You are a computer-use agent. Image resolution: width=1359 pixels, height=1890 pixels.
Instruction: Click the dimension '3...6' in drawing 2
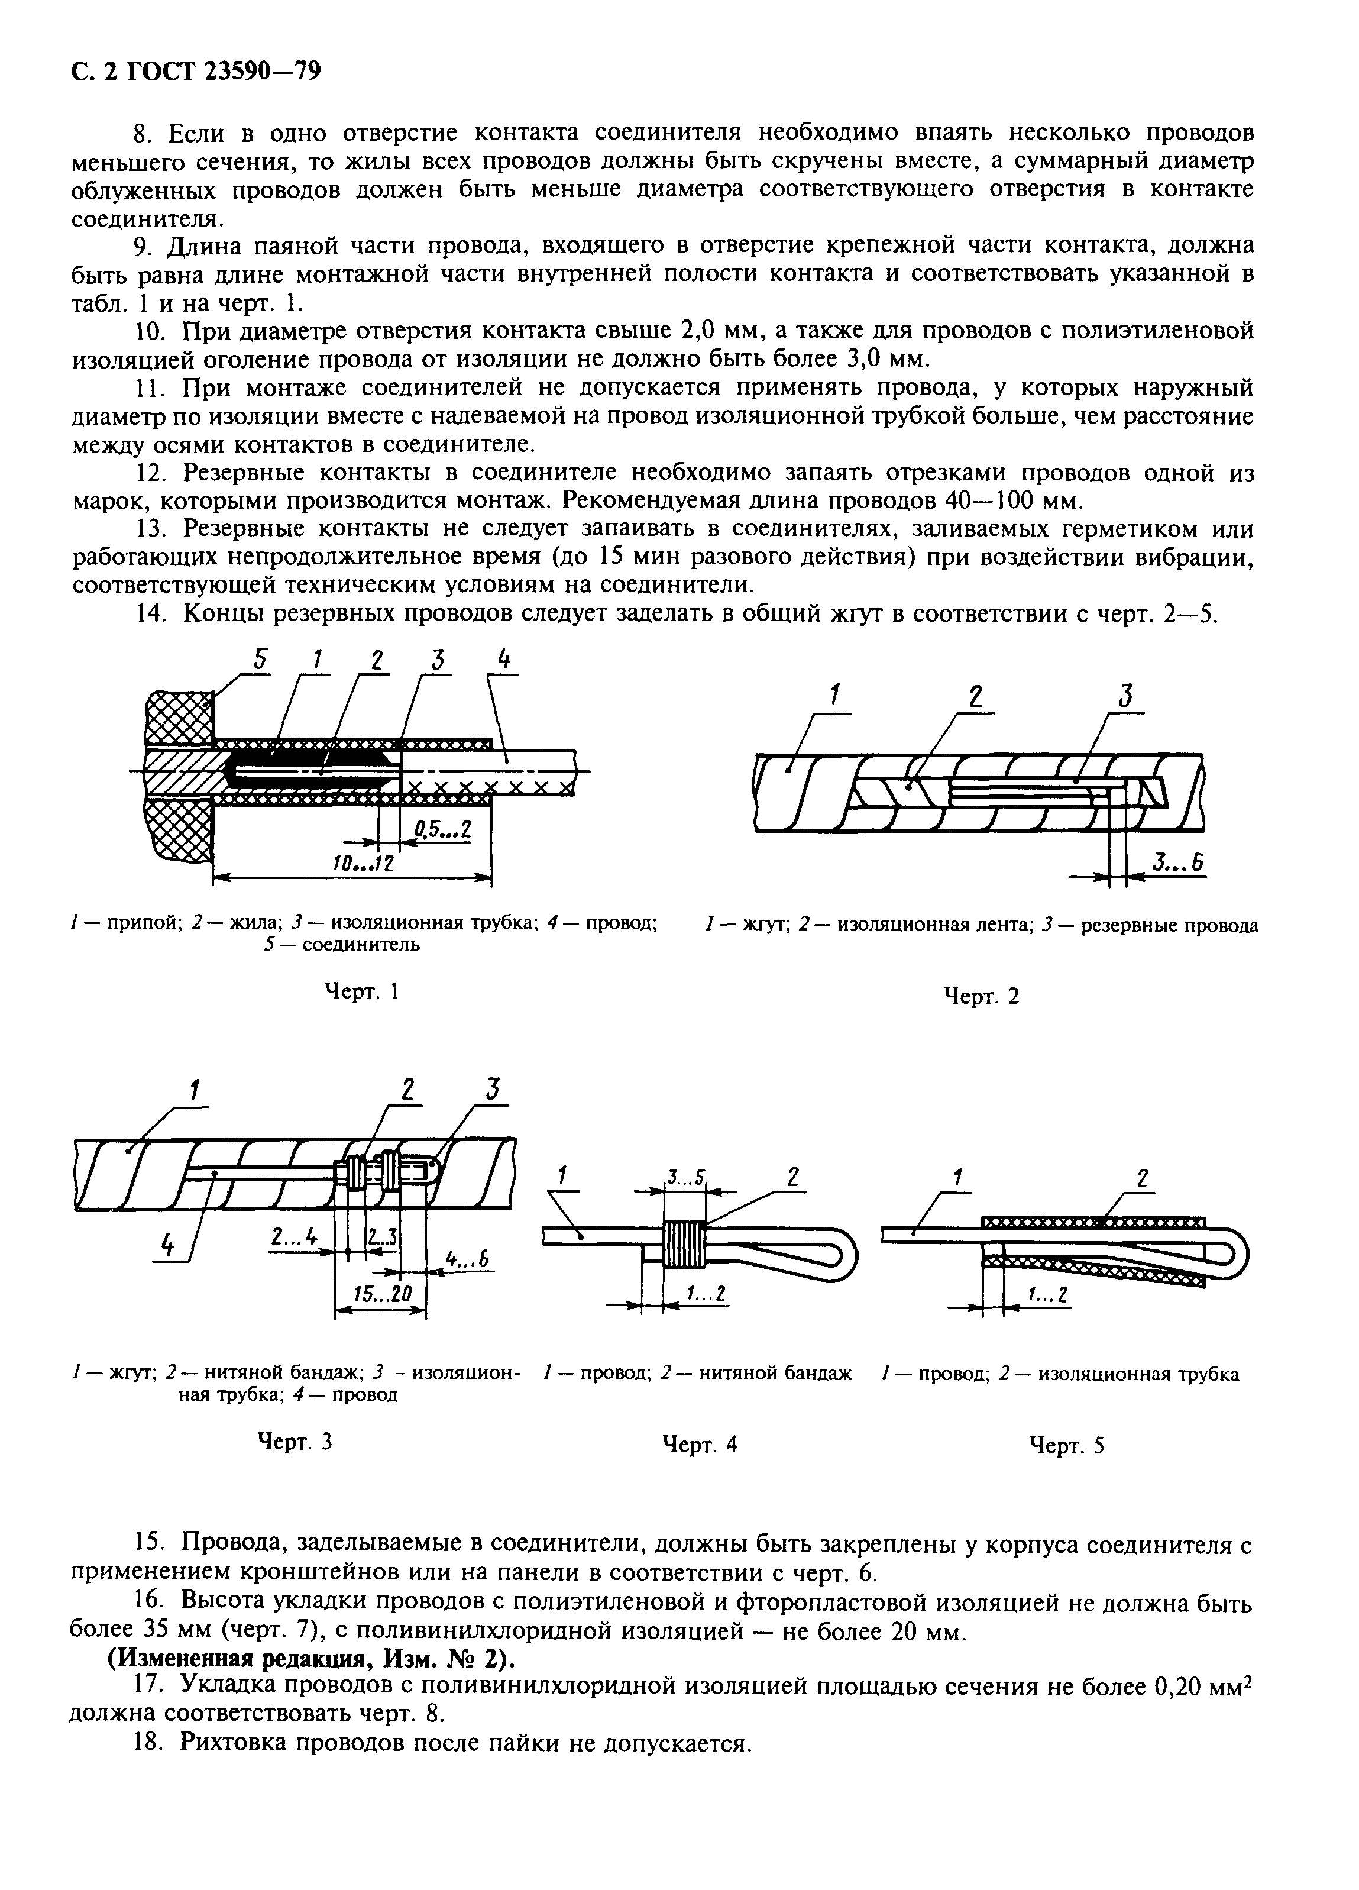pyautogui.click(x=1178, y=864)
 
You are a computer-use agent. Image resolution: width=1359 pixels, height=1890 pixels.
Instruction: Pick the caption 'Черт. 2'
pyautogui.click(x=981, y=995)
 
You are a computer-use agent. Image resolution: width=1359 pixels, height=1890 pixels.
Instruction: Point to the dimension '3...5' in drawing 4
pyautogui.click(x=685, y=1178)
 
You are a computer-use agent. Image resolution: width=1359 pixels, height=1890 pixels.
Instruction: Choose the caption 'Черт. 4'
pyautogui.click(x=699, y=1443)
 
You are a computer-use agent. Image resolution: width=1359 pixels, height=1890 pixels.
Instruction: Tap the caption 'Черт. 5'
pyautogui.click(x=1066, y=1445)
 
